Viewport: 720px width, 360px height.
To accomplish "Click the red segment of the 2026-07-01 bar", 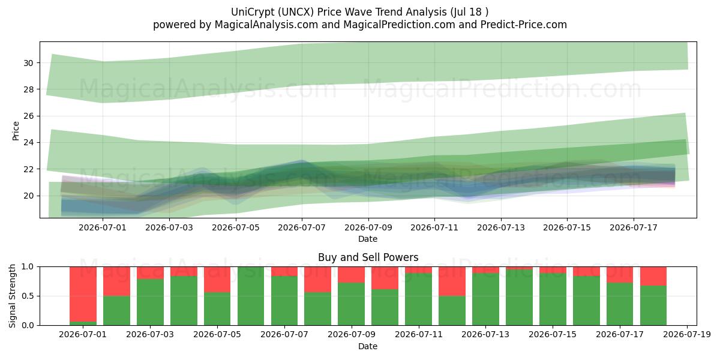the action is [x=83, y=294].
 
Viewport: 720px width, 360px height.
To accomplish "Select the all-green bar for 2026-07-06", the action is [x=251, y=296].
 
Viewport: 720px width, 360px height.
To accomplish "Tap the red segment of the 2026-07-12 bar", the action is [x=452, y=281].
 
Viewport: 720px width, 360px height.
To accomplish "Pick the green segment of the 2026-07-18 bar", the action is [x=653, y=305].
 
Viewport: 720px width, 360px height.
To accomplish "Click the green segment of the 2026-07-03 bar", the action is [x=150, y=302].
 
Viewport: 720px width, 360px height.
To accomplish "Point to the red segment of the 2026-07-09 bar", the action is [x=352, y=275].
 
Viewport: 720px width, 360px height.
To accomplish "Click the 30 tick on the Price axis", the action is [x=28, y=63].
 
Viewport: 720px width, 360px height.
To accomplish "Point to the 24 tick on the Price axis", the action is [x=28, y=142].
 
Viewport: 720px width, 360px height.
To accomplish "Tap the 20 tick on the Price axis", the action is [x=28, y=196].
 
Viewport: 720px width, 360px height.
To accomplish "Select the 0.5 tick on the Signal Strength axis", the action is [x=28, y=296].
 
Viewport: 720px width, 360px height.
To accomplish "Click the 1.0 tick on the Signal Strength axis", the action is [x=28, y=267].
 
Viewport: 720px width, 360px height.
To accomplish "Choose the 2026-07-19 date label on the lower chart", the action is [x=687, y=335].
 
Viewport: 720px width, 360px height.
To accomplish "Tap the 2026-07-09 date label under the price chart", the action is [x=368, y=227].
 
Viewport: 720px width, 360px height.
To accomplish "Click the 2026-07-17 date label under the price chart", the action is [x=634, y=227].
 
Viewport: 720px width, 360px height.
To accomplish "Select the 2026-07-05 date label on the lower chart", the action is [x=217, y=335].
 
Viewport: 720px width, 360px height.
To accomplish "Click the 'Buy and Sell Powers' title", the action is [x=368, y=257].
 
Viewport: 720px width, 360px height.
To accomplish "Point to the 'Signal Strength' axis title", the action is [x=12, y=296].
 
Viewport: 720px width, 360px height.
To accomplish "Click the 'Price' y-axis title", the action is [x=16, y=131].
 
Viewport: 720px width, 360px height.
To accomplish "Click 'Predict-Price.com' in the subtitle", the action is [x=524, y=25].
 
